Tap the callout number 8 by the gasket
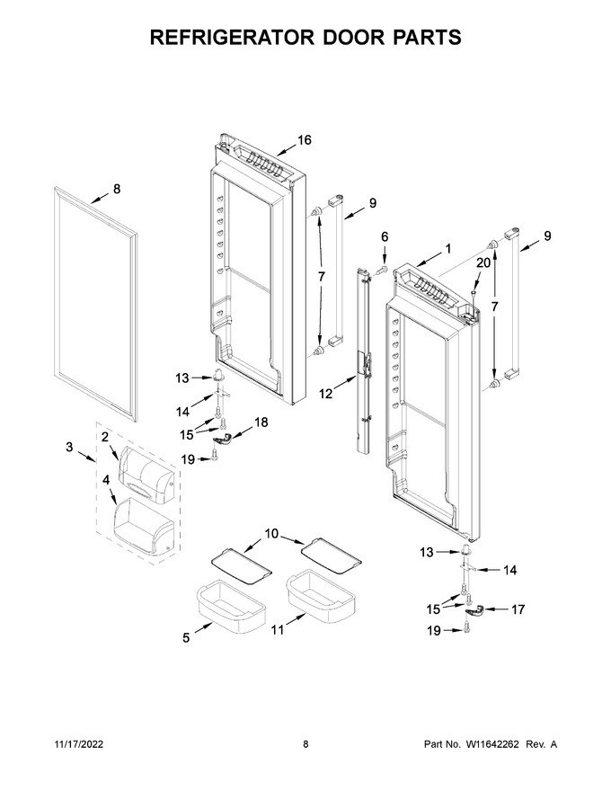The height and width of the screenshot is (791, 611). pyautogui.click(x=117, y=189)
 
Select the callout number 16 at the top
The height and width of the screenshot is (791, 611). pyautogui.click(x=305, y=140)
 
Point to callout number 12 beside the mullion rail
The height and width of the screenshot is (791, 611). pyautogui.click(x=326, y=393)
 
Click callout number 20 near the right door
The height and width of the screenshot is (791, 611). pyautogui.click(x=483, y=262)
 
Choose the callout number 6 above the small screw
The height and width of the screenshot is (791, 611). pyautogui.click(x=385, y=236)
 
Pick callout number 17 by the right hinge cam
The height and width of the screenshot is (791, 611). pyautogui.click(x=518, y=609)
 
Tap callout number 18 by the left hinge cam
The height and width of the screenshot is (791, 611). pyautogui.click(x=261, y=422)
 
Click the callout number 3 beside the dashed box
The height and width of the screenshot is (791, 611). pyautogui.click(x=69, y=447)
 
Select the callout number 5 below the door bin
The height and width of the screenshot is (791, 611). pyautogui.click(x=186, y=638)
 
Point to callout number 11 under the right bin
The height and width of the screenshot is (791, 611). pyautogui.click(x=278, y=629)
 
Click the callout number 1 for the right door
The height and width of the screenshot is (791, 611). pyautogui.click(x=448, y=248)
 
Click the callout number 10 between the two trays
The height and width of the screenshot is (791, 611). pyautogui.click(x=271, y=533)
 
